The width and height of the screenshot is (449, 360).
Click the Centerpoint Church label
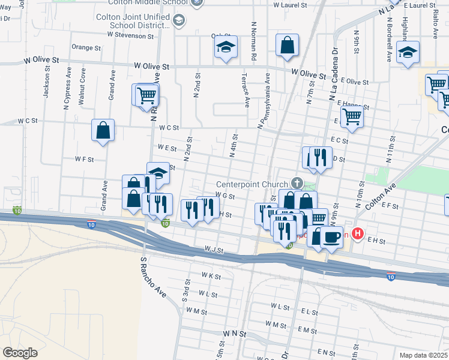click(x=253, y=184)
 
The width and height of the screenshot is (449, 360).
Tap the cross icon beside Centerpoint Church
click(x=297, y=182)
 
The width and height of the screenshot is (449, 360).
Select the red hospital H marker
click(x=358, y=233)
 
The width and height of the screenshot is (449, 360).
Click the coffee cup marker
click(x=331, y=236)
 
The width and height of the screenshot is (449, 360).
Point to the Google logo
click(x=20, y=352)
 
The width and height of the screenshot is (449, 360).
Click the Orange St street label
click(x=86, y=47)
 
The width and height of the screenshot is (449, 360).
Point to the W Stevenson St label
click(x=131, y=35)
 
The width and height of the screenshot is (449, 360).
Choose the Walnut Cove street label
click(x=83, y=84)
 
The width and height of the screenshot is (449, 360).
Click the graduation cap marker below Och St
click(x=226, y=47)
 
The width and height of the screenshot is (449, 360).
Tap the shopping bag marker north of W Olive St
click(x=288, y=44)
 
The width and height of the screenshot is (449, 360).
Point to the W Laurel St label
click(x=290, y=5)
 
